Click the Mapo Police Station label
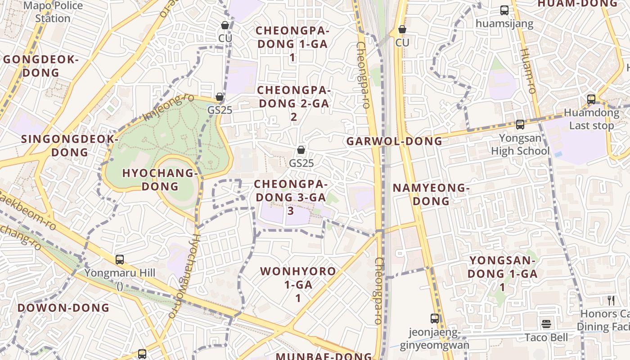(x=53, y=12)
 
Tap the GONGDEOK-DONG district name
(x=41, y=66)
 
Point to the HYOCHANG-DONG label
(x=160, y=180)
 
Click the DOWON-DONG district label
(x=63, y=308)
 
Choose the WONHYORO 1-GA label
(x=298, y=284)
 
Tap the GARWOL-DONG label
(x=394, y=141)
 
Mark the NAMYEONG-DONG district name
(x=431, y=194)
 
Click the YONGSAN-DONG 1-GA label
(x=502, y=273)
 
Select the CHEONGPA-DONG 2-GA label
(x=293, y=103)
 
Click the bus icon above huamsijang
(x=504, y=10)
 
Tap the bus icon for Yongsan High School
(x=520, y=125)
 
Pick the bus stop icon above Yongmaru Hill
(x=120, y=259)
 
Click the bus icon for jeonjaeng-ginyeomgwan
(x=435, y=319)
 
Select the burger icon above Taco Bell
(x=546, y=324)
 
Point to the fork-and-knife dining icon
(x=611, y=301)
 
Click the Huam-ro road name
(x=528, y=71)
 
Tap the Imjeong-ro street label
(x=169, y=108)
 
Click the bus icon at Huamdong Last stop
(x=591, y=99)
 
